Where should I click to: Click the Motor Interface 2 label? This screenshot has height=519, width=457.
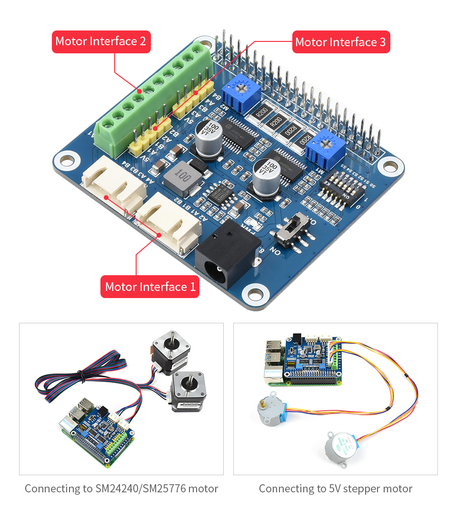[101, 41]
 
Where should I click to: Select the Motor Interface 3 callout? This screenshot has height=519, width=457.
[340, 42]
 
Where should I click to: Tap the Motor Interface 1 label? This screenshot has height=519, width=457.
[150, 287]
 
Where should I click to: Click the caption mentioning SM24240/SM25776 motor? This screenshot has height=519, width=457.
[121, 489]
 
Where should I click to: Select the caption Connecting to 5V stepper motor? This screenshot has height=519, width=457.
[336, 489]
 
